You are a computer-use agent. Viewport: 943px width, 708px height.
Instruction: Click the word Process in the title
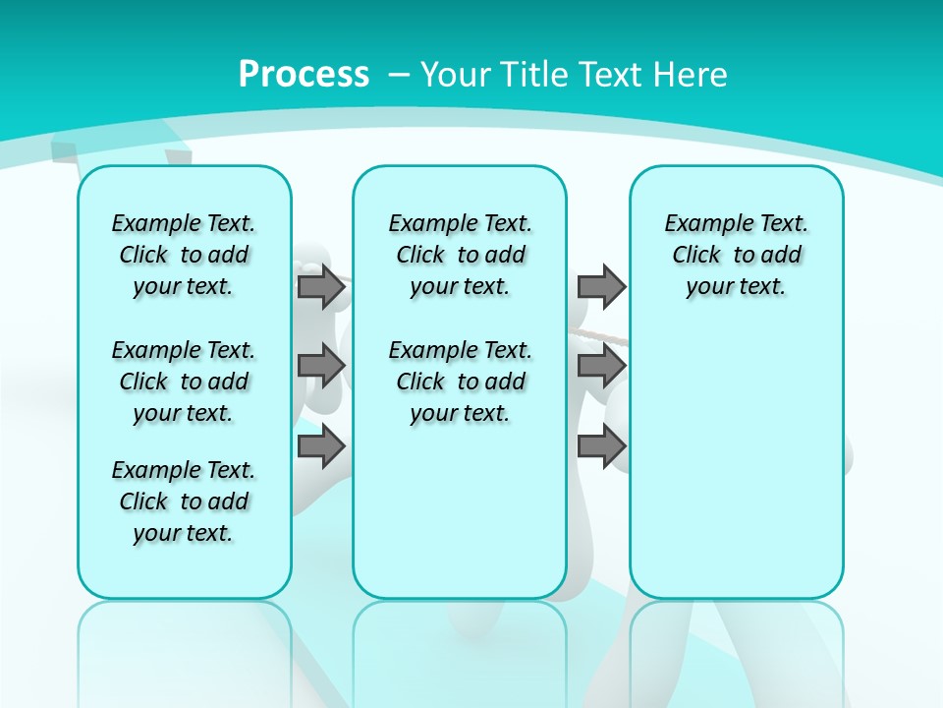click(x=304, y=74)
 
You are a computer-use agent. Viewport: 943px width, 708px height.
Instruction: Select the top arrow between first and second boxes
click(x=321, y=286)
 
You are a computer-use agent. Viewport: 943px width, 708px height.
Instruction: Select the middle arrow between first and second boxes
click(x=321, y=366)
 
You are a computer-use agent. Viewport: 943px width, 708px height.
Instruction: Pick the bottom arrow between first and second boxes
click(x=321, y=446)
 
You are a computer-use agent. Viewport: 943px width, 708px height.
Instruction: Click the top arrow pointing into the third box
click(x=601, y=286)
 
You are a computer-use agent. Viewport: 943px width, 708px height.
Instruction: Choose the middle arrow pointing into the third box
click(x=601, y=366)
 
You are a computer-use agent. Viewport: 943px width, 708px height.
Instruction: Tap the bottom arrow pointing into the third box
click(x=601, y=446)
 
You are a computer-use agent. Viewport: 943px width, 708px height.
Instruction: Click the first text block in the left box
click(x=184, y=255)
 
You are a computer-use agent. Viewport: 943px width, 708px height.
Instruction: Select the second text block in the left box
click(x=184, y=382)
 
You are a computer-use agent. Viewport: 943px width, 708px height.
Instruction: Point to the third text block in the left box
click(x=184, y=501)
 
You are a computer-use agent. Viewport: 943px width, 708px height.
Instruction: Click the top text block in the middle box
click(x=460, y=255)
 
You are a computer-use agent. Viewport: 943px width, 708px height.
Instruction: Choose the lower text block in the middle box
click(x=460, y=382)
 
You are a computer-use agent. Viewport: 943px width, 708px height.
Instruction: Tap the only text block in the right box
click(x=736, y=255)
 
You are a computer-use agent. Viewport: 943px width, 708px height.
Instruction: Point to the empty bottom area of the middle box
click(x=460, y=521)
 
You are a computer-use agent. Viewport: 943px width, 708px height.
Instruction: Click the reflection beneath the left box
click(x=184, y=649)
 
